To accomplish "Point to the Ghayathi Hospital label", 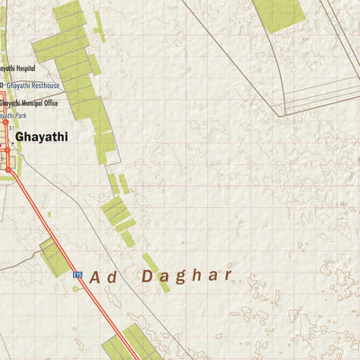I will click(17, 68).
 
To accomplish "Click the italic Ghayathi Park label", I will click(11, 116).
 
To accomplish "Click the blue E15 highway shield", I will click(77, 275).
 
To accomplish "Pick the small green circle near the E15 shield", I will click(76, 289).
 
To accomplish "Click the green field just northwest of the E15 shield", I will click(56, 257).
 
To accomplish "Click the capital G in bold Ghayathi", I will click(21, 137).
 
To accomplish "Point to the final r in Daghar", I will click(229, 274).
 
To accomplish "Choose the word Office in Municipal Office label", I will click(49, 103).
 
